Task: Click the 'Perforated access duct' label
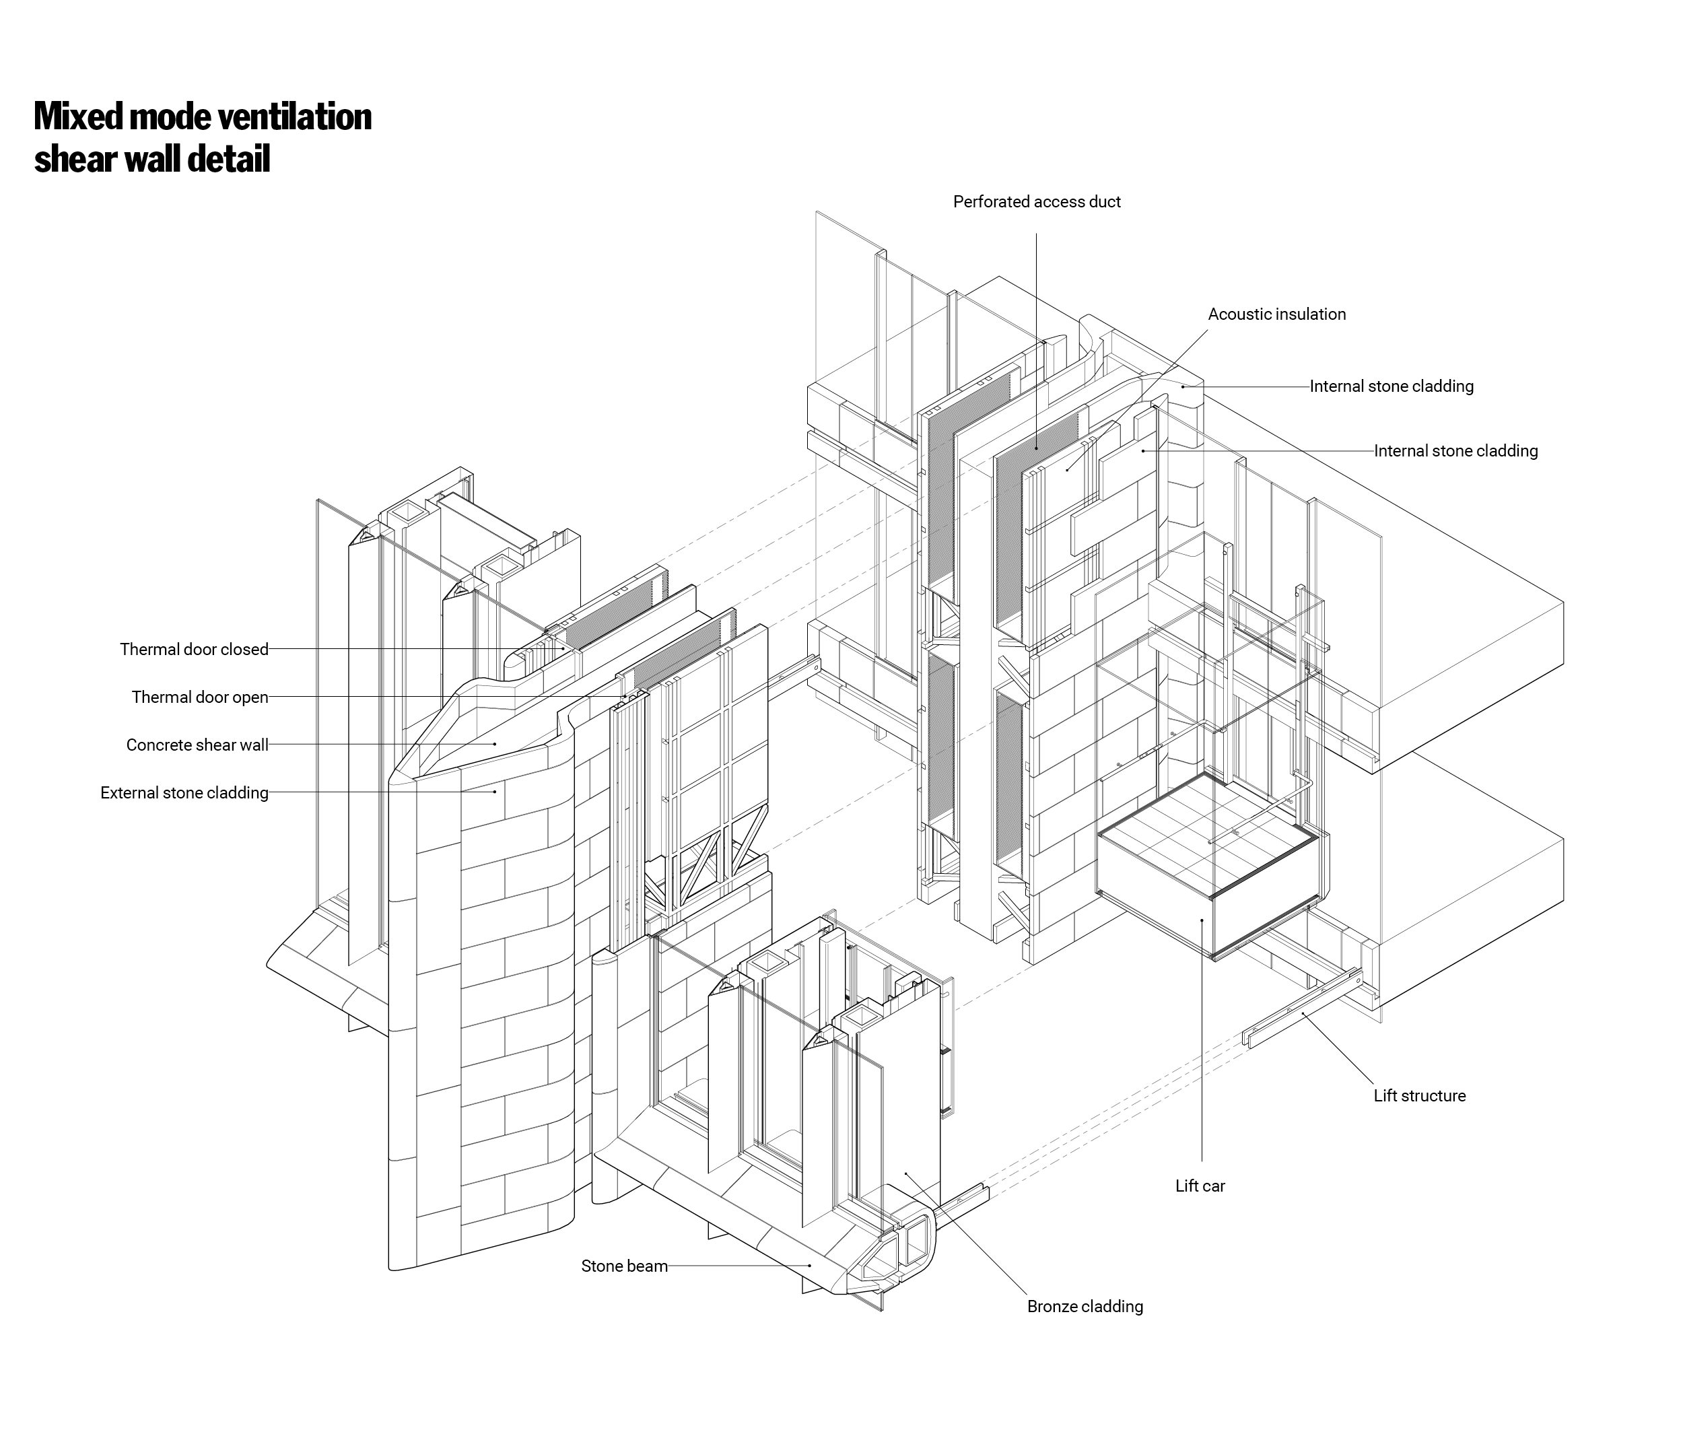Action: [x=1037, y=201]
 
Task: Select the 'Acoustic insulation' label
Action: [x=1276, y=314]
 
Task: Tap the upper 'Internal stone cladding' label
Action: [x=1392, y=386]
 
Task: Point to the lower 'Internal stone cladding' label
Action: [x=1455, y=451]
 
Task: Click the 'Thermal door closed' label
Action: [x=193, y=649]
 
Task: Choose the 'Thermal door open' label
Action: [x=200, y=697]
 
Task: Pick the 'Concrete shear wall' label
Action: [x=197, y=745]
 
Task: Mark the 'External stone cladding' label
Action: [x=184, y=792]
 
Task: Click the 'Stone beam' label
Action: [x=624, y=1266]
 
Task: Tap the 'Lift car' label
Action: [x=1200, y=1186]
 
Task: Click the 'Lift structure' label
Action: [x=1419, y=1095]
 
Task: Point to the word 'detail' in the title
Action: [x=228, y=159]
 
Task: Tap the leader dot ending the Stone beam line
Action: [x=810, y=1266]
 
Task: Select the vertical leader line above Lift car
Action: [x=1202, y=1056]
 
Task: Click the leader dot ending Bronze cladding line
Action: [x=907, y=1173]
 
